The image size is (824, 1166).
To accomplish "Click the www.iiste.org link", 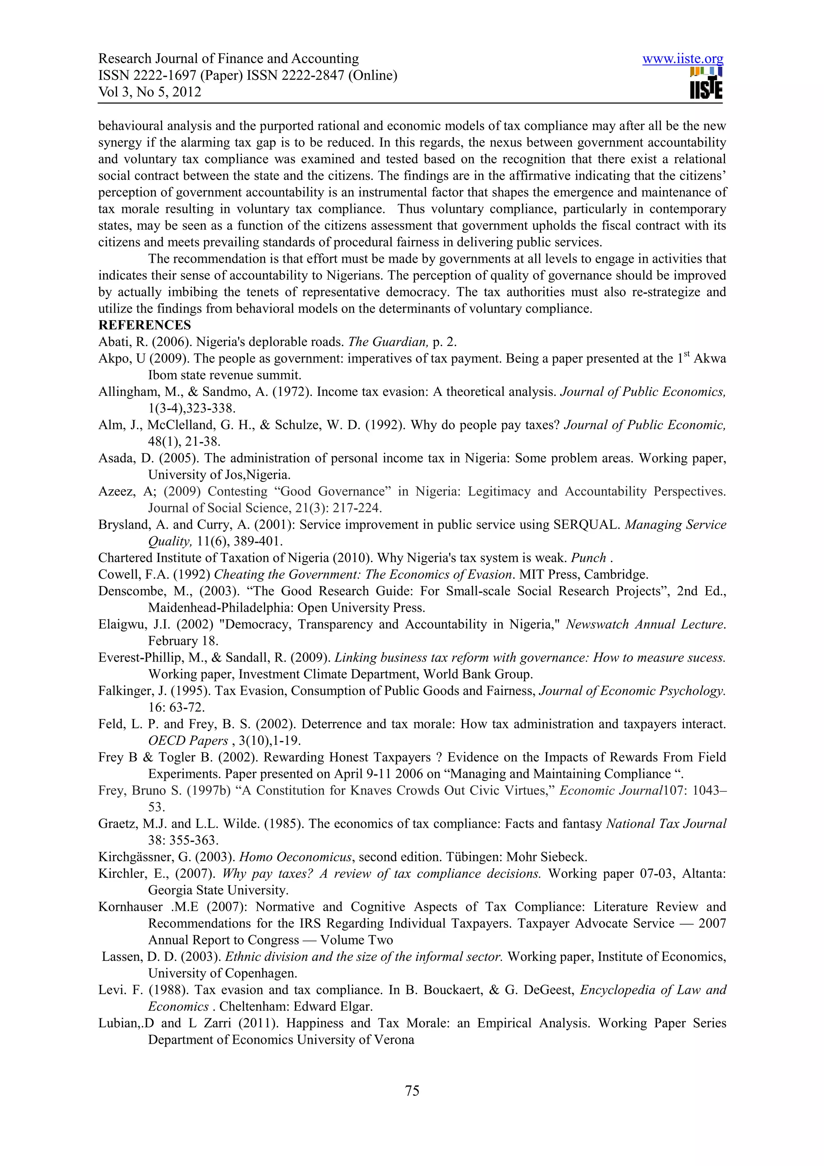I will tap(682, 59).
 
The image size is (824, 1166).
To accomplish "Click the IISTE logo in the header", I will tap(706, 83).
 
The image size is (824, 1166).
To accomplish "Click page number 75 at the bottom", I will tap(412, 1090).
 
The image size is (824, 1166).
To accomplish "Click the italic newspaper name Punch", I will tap(588, 558).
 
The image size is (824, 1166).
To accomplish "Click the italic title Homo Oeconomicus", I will tap(295, 857).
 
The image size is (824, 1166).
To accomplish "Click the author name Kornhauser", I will tap(130, 906).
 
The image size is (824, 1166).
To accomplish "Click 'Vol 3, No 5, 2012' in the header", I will tap(149, 92).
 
